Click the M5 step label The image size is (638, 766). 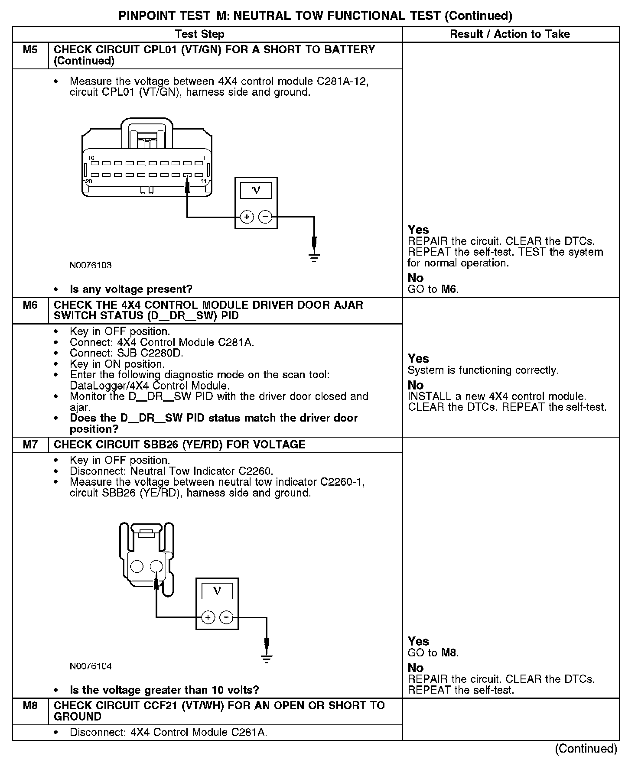point(30,50)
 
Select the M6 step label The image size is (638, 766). point(30,305)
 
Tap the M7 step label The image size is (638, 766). point(30,445)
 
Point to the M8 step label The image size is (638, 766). point(30,706)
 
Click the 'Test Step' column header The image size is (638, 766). point(199,34)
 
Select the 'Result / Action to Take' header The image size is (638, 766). point(510,34)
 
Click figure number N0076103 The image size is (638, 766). point(91,265)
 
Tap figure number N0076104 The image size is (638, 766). point(91,666)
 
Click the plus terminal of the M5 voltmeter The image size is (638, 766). point(247,217)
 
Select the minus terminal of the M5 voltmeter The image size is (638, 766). point(265,217)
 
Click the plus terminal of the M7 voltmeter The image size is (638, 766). point(208,617)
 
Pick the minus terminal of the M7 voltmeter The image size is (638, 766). point(226,617)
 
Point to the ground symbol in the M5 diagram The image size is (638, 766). point(314,258)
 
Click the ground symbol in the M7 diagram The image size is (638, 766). point(267,659)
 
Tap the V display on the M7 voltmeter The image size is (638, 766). point(217,591)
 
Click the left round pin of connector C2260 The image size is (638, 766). point(137,566)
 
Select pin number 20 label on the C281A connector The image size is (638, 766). point(88,181)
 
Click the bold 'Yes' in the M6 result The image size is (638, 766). point(418,359)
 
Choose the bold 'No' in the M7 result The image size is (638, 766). point(416,668)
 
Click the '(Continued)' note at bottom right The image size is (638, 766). point(586,748)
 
